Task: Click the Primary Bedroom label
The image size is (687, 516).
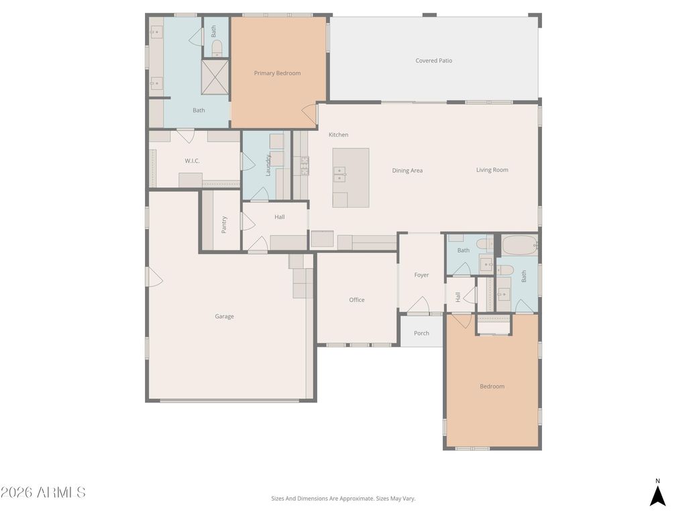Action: (x=277, y=73)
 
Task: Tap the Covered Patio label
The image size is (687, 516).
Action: (x=433, y=60)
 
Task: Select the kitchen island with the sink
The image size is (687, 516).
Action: (x=350, y=177)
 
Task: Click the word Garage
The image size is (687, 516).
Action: (x=224, y=316)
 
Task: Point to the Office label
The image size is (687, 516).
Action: (x=356, y=300)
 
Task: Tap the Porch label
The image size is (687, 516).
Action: (x=421, y=333)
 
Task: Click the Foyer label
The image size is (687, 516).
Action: (x=421, y=275)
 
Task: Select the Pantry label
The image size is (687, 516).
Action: (x=224, y=224)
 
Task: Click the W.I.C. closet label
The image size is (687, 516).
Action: (x=192, y=161)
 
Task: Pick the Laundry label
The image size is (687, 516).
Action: (x=268, y=165)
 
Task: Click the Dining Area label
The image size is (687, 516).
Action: (x=407, y=171)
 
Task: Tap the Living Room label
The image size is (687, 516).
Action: (x=492, y=170)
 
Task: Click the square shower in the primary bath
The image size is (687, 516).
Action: (x=215, y=77)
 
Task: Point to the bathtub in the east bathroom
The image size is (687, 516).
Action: (x=519, y=245)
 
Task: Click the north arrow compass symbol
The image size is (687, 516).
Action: (x=657, y=494)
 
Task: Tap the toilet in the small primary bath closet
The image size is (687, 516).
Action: (x=217, y=48)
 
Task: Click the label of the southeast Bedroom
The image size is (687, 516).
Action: (x=492, y=386)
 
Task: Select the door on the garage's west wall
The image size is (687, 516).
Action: (x=154, y=277)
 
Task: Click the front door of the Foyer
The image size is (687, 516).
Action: (x=419, y=306)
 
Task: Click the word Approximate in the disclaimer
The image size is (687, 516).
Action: (x=356, y=499)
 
